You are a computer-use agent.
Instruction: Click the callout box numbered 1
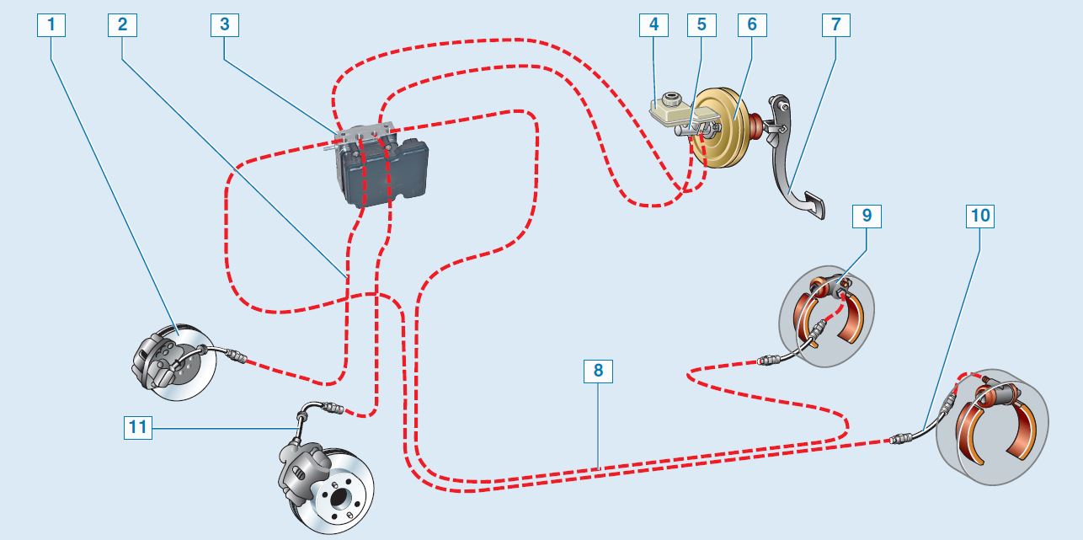click(51, 24)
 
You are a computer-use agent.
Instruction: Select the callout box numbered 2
click(122, 24)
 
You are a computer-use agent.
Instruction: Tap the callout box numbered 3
click(224, 24)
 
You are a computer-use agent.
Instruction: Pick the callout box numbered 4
click(654, 24)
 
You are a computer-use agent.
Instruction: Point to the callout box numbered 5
click(702, 24)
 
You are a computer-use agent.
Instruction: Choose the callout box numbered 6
click(751, 24)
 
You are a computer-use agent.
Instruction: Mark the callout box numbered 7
click(835, 24)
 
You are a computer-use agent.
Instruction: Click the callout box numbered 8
click(598, 371)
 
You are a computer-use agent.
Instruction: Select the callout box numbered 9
click(866, 217)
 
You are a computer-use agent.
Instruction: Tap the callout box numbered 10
click(980, 217)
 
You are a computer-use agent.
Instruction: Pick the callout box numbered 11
click(137, 428)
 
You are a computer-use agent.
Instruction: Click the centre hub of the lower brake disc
click(343, 497)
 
